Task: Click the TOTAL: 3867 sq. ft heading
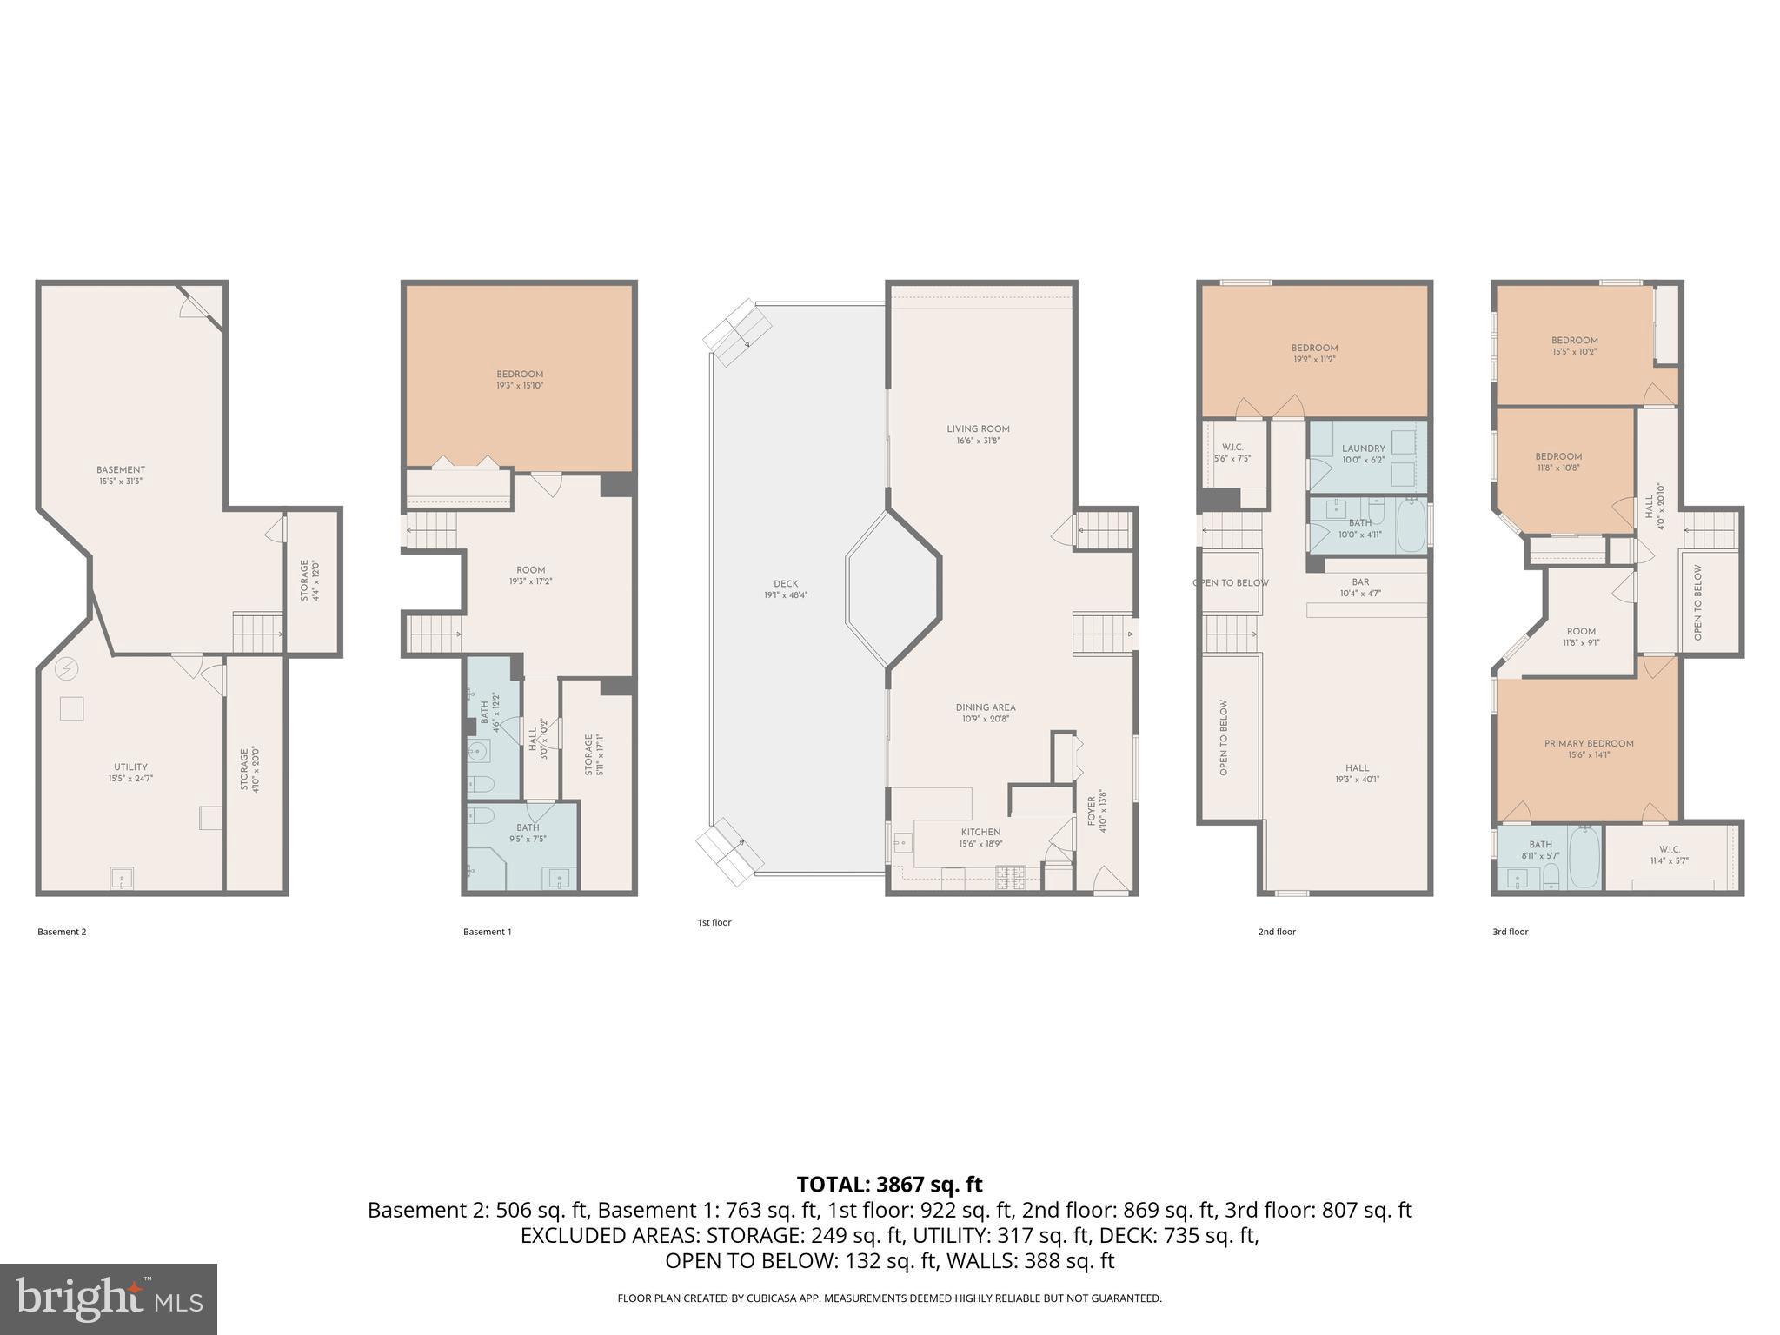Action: pyautogui.click(x=889, y=1185)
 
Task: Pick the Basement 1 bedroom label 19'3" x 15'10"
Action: pyautogui.click(x=520, y=380)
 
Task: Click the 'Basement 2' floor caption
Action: pyautogui.click(x=62, y=932)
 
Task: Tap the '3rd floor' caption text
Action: pyautogui.click(x=1510, y=932)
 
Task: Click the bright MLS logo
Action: pyautogui.click(x=108, y=1298)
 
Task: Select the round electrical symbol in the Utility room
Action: pyautogui.click(x=67, y=668)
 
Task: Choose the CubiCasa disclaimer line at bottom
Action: pyautogui.click(x=889, y=1298)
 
